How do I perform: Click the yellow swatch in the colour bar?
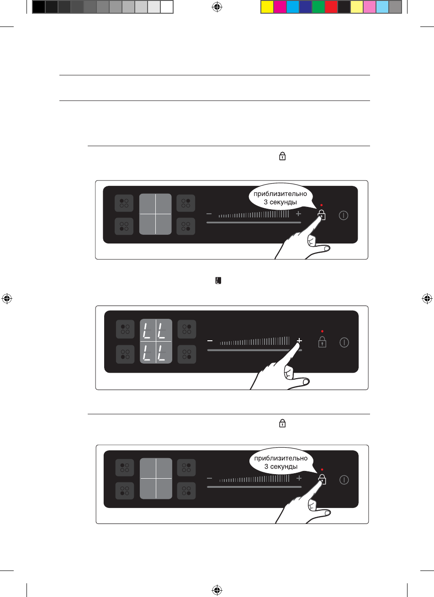point(267,6)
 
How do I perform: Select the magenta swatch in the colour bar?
point(280,6)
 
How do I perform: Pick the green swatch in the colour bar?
point(318,6)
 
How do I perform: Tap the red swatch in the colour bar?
point(331,6)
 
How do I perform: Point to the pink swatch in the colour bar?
point(369,6)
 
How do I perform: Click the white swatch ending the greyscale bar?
point(167,6)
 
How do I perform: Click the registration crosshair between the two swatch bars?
point(217,6)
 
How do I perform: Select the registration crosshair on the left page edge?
point(6,299)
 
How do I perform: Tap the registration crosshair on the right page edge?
point(427,299)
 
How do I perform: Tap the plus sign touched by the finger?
point(300,341)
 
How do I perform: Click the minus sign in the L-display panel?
point(210,341)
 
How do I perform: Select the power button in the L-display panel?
point(344,342)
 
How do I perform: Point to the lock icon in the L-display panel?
point(322,342)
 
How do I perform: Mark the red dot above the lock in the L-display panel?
point(322,331)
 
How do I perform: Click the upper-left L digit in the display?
point(148,330)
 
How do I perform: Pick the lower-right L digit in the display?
point(162,353)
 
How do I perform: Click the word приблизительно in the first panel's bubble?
point(281,194)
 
